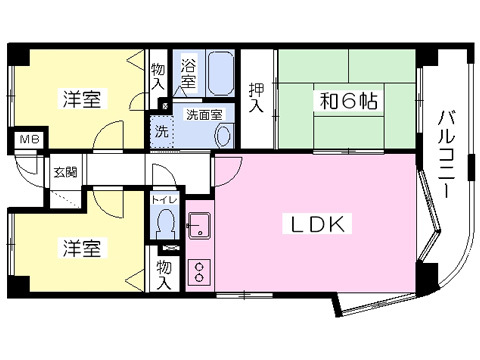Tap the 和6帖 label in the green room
345,100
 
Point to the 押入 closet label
257,97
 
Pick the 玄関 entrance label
66,171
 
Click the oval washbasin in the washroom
223,132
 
